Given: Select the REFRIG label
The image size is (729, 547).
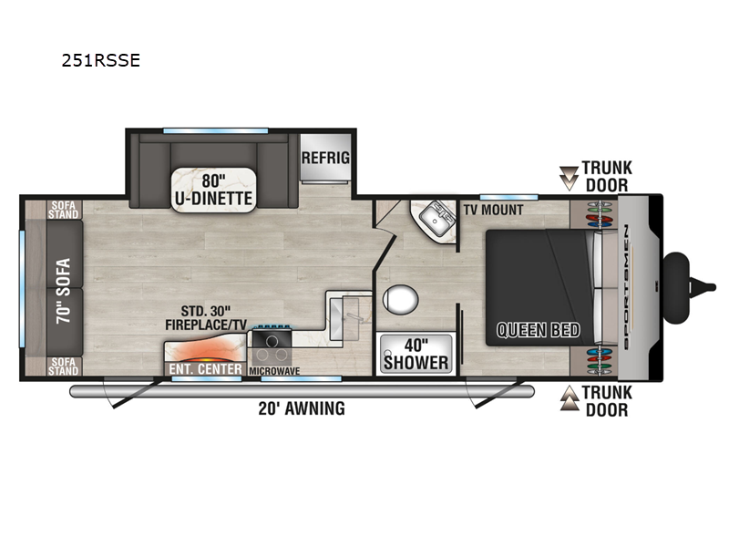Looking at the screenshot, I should pos(325,158).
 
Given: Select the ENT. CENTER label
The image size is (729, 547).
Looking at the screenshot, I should pos(205,369).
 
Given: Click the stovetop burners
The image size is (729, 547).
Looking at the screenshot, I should pos(271,346).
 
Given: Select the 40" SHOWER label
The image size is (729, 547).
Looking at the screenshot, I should pos(415,354).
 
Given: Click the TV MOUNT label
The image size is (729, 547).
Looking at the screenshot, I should pos(492,209).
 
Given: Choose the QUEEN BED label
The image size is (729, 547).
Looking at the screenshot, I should pos(538,330).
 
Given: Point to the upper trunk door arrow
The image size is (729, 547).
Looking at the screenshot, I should pos(569,177).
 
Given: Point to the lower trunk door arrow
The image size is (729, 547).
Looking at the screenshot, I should pos(569,394).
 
